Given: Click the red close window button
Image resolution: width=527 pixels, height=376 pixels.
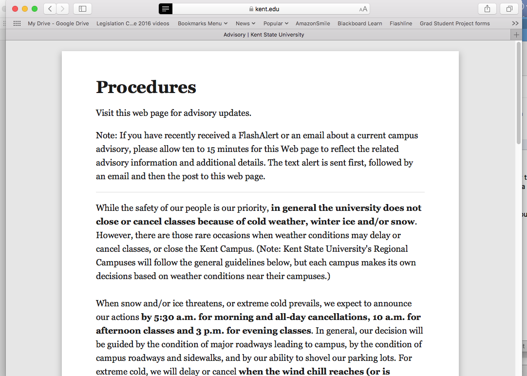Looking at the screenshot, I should click(x=15, y=9).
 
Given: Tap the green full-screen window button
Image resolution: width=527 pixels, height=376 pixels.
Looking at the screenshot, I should click(x=34, y=9).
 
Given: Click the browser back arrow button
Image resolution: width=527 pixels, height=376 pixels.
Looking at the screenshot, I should click(x=50, y=9).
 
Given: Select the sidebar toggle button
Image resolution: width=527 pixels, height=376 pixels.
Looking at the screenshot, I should click(x=82, y=9).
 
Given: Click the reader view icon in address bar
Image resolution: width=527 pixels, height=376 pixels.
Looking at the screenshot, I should click(x=166, y=9).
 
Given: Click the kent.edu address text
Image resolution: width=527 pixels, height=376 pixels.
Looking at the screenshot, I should click(x=267, y=9).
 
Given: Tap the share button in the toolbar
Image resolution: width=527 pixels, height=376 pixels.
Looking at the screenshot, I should click(x=487, y=9).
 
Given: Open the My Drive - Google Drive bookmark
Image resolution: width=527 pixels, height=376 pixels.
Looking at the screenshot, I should click(x=58, y=23).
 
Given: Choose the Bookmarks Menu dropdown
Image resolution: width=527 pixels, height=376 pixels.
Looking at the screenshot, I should click(x=202, y=23).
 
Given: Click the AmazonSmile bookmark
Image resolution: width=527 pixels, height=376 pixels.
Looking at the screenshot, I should click(x=313, y=23).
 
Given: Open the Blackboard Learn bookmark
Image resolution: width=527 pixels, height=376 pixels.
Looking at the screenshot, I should click(x=359, y=23).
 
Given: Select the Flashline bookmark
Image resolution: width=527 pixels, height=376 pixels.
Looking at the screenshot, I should click(x=401, y=23).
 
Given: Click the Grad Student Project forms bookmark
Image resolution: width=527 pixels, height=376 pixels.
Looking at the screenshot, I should click(x=454, y=23).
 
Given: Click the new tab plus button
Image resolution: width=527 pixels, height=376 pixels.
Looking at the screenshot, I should click(x=516, y=35).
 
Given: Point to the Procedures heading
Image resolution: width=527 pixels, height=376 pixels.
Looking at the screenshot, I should click(x=146, y=87).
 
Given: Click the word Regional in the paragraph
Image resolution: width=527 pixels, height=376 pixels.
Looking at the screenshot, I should click(x=389, y=249).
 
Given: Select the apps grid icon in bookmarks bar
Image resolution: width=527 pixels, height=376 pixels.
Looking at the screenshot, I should click(x=17, y=23).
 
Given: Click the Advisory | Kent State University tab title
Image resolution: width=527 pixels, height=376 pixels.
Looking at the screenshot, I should click(x=263, y=35).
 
